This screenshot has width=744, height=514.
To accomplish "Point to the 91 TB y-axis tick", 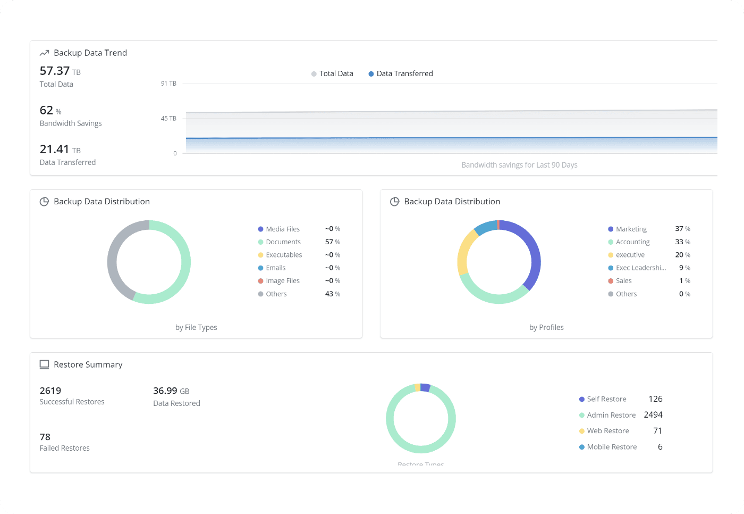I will (168, 84).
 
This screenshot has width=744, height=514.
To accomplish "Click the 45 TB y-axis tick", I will (168, 119).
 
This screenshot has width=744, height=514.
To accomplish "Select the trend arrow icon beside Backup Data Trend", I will (45, 53).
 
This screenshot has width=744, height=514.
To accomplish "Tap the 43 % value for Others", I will (332, 294).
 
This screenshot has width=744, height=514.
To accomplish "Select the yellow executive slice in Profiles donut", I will (464, 253).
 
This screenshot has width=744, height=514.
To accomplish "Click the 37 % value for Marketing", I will (682, 229).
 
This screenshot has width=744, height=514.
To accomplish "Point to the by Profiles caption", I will (546, 328).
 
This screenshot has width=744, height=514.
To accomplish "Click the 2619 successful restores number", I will (50, 391).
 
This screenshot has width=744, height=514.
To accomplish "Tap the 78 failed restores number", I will (45, 437).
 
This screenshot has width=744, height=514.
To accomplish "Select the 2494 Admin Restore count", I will (653, 415).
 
